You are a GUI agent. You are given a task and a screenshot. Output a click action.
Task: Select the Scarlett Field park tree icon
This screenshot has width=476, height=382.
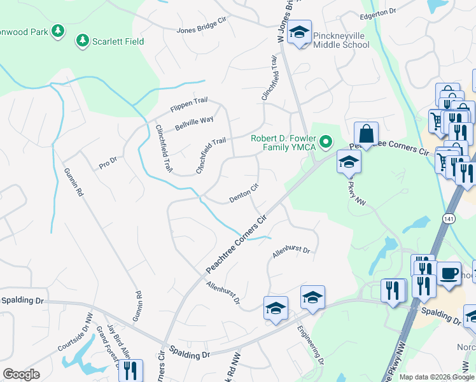coord(82,41)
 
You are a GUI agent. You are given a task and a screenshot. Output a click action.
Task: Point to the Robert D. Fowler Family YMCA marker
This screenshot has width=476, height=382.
coord(326,141)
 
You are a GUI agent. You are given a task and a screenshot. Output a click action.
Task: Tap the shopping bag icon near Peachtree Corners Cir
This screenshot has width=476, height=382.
coord(366,134)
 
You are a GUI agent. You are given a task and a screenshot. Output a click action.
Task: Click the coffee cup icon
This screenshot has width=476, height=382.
coord(449,273)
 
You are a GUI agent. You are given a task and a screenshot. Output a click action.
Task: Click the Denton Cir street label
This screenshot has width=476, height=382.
coord(244,194)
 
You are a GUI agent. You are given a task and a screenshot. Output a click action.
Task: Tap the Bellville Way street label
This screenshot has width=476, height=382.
coord(194,122)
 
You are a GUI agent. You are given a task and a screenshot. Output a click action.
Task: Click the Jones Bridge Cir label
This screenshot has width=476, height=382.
coord(202,25)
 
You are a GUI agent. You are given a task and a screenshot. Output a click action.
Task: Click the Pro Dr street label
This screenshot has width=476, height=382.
coord(109,163)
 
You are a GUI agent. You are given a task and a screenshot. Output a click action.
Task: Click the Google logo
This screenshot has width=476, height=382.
coord(22,374)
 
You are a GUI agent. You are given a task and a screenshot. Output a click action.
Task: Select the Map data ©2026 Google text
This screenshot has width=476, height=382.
coord(436,377)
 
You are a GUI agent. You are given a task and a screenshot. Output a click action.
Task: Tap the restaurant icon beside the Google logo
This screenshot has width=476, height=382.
coord(130,369)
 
